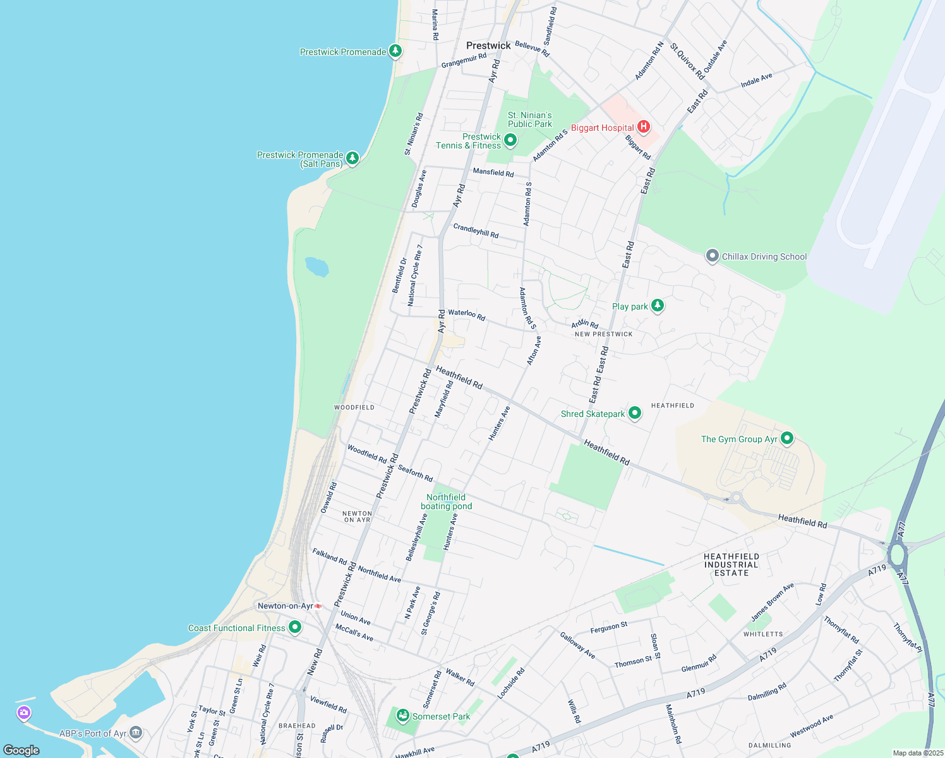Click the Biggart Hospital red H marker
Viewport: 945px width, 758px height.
click(x=643, y=127)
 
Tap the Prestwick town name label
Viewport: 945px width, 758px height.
click(x=488, y=45)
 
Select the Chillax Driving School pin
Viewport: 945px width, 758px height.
click(x=713, y=256)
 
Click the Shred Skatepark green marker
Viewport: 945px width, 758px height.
click(x=635, y=413)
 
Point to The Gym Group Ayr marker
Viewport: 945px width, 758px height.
click(x=787, y=438)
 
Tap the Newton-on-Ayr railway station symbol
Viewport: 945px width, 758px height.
click(x=318, y=606)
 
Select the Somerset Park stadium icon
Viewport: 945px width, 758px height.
click(x=402, y=716)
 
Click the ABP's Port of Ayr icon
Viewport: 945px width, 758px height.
click(x=136, y=733)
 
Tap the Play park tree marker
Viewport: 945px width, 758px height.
click(x=658, y=306)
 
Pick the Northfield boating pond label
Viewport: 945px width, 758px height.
click(x=446, y=502)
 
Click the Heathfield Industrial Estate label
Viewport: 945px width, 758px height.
click(x=731, y=565)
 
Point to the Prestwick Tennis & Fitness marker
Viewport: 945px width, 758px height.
click(x=510, y=140)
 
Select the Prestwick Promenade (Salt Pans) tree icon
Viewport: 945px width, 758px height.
click(x=352, y=158)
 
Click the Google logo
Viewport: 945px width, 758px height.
click(x=21, y=750)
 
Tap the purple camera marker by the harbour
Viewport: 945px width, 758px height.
click(x=24, y=713)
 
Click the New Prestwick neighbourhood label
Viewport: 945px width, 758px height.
click(x=603, y=334)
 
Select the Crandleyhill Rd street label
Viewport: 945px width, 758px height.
click(x=476, y=231)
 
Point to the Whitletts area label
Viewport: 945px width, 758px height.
click(x=763, y=634)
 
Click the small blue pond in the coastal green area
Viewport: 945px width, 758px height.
click(x=316, y=267)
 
